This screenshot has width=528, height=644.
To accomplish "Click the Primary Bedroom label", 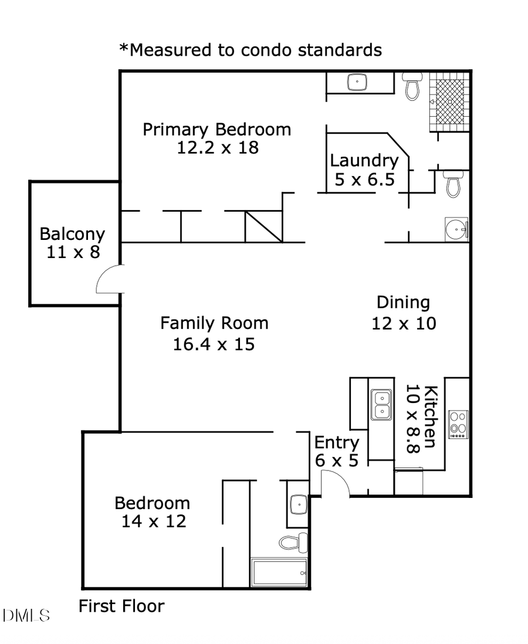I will tap(216, 129).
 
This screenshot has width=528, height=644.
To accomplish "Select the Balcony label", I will tap(72, 234).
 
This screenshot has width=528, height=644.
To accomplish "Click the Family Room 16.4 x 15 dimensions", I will tap(214, 344).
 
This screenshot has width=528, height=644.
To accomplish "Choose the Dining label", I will tap(403, 303).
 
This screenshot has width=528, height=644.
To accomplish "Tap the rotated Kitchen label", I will tap(430, 416).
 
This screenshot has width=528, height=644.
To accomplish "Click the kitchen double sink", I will tap(381, 405).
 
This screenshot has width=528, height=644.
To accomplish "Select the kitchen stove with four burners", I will tap(458, 425).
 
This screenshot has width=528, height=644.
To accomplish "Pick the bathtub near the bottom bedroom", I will tap(279, 572).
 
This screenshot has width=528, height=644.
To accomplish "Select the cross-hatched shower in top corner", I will tap(450, 101).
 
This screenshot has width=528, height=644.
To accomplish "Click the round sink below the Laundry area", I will tap(456, 228).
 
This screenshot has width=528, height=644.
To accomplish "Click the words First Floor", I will tap(121, 606).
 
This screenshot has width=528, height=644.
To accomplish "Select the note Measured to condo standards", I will tap(251, 50).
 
